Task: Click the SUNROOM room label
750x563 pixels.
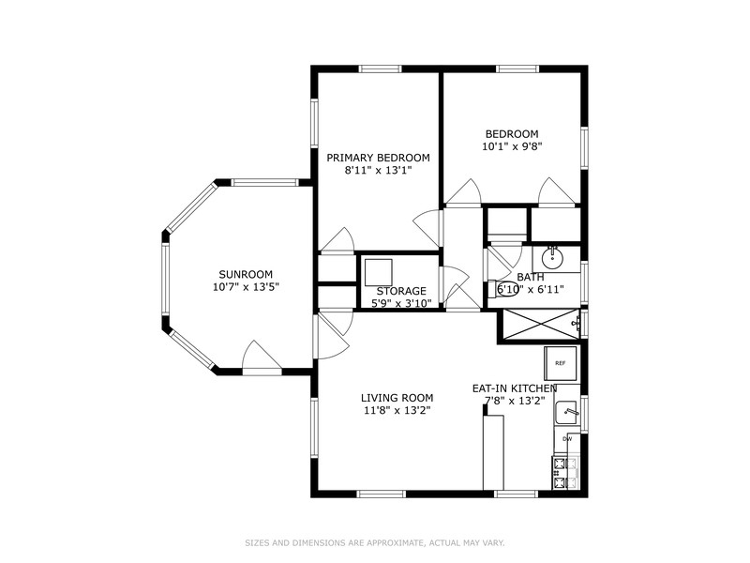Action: (x=246, y=274)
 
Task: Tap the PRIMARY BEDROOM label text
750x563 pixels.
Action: (x=378, y=158)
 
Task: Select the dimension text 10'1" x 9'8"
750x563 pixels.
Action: (x=511, y=146)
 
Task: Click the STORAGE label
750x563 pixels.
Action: (x=401, y=291)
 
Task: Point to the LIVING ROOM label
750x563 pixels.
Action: (x=397, y=398)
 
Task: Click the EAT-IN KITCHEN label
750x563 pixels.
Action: (x=514, y=388)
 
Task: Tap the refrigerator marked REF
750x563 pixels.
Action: (x=560, y=363)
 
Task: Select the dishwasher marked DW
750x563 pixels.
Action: (x=567, y=438)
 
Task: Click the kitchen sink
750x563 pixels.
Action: (x=567, y=412)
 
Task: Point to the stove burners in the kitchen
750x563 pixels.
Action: (x=566, y=473)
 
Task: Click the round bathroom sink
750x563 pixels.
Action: (x=552, y=257)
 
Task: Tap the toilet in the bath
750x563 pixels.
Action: (x=503, y=289)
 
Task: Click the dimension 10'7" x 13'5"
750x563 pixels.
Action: (x=246, y=287)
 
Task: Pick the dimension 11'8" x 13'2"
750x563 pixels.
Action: (x=397, y=410)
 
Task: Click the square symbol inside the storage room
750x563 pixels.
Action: (x=379, y=272)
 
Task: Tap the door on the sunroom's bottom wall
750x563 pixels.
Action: (x=262, y=358)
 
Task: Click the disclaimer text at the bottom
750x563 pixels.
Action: (x=375, y=543)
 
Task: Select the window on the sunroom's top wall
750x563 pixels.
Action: (x=264, y=182)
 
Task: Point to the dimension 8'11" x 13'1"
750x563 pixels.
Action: (x=378, y=170)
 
